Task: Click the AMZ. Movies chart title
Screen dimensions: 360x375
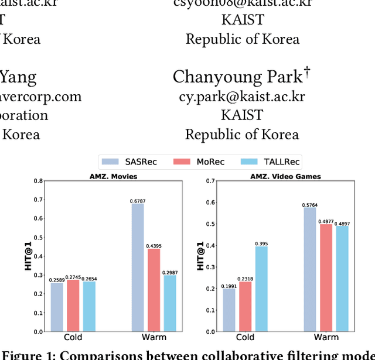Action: (113, 176)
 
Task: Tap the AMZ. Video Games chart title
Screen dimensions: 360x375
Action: (285, 176)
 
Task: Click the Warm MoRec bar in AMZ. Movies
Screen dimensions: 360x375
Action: (154, 290)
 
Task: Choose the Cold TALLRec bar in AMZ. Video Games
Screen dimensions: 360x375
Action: (261, 289)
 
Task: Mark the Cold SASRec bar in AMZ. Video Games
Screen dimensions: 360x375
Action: (229, 310)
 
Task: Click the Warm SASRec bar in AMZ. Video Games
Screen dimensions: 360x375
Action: (310, 269)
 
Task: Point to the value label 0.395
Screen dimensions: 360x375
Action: (261, 243)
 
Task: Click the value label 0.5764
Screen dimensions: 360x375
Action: (310, 204)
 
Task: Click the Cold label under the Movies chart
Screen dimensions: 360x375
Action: (73, 337)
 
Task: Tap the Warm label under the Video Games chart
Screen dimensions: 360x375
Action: (326, 337)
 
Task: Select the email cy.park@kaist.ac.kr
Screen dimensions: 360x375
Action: (242, 97)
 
